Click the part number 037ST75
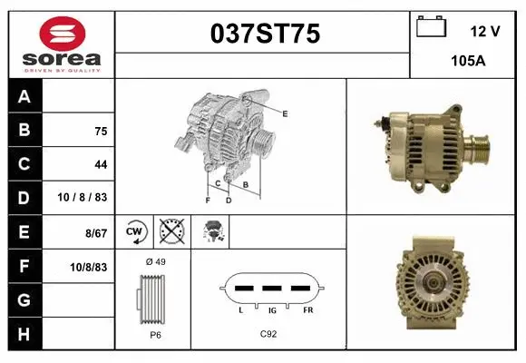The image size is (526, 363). click(264, 34)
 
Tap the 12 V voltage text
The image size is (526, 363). click(485, 31)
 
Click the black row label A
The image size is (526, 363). click(24, 96)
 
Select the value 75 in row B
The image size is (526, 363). click(100, 131)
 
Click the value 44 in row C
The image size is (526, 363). click(100, 165)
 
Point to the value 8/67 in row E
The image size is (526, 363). click(95, 233)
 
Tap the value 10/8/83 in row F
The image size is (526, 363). click(89, 267)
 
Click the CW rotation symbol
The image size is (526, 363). click(135, 232)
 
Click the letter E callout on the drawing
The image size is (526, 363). click(285, 113)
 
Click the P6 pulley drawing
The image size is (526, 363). click(151, 299)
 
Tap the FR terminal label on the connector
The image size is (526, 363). click(308, 311)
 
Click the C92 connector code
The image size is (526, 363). click(268, 334)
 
